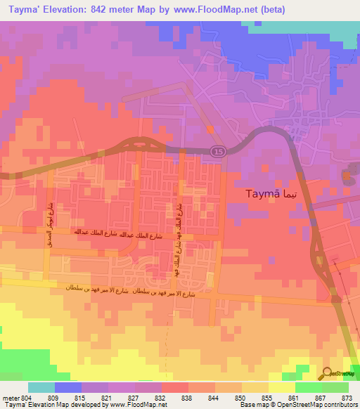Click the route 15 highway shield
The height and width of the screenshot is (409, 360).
[x=217, y=152]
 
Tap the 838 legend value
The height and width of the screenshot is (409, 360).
[x=186, y=398]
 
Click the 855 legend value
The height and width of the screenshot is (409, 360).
[x=266, y=398]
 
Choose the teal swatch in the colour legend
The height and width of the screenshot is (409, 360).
[x=41, y=387]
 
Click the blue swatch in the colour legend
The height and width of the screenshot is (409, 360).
[x=67, y=387]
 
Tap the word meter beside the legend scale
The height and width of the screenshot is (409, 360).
[x=11, y=398]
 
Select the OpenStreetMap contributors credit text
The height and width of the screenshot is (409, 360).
[x=317, y=405]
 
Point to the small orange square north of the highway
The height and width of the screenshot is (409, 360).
[x=210, y=129]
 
